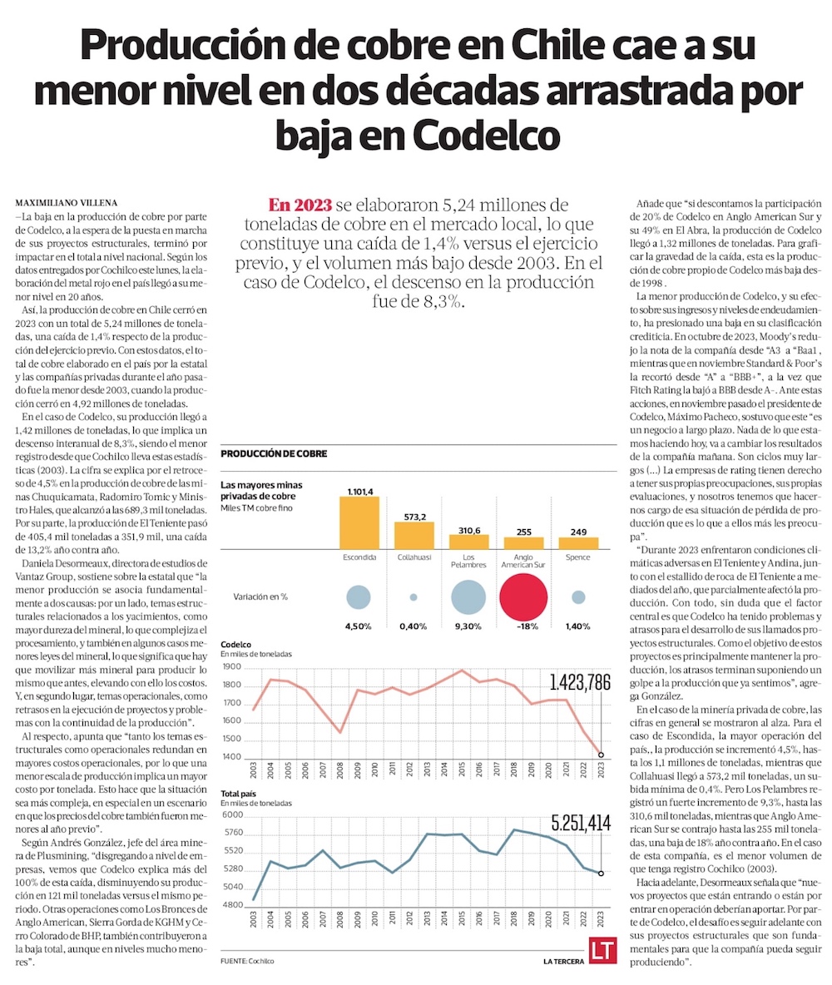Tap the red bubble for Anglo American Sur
[524, 596]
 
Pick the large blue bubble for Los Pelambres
[468, 596]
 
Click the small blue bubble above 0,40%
[414, 597]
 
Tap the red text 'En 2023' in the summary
[300, 205]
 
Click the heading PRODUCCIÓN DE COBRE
[274, 453]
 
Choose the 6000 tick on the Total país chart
[231, 814]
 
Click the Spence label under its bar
[578, 557]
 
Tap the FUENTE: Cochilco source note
[247, 961]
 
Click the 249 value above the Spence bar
[578, 532]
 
